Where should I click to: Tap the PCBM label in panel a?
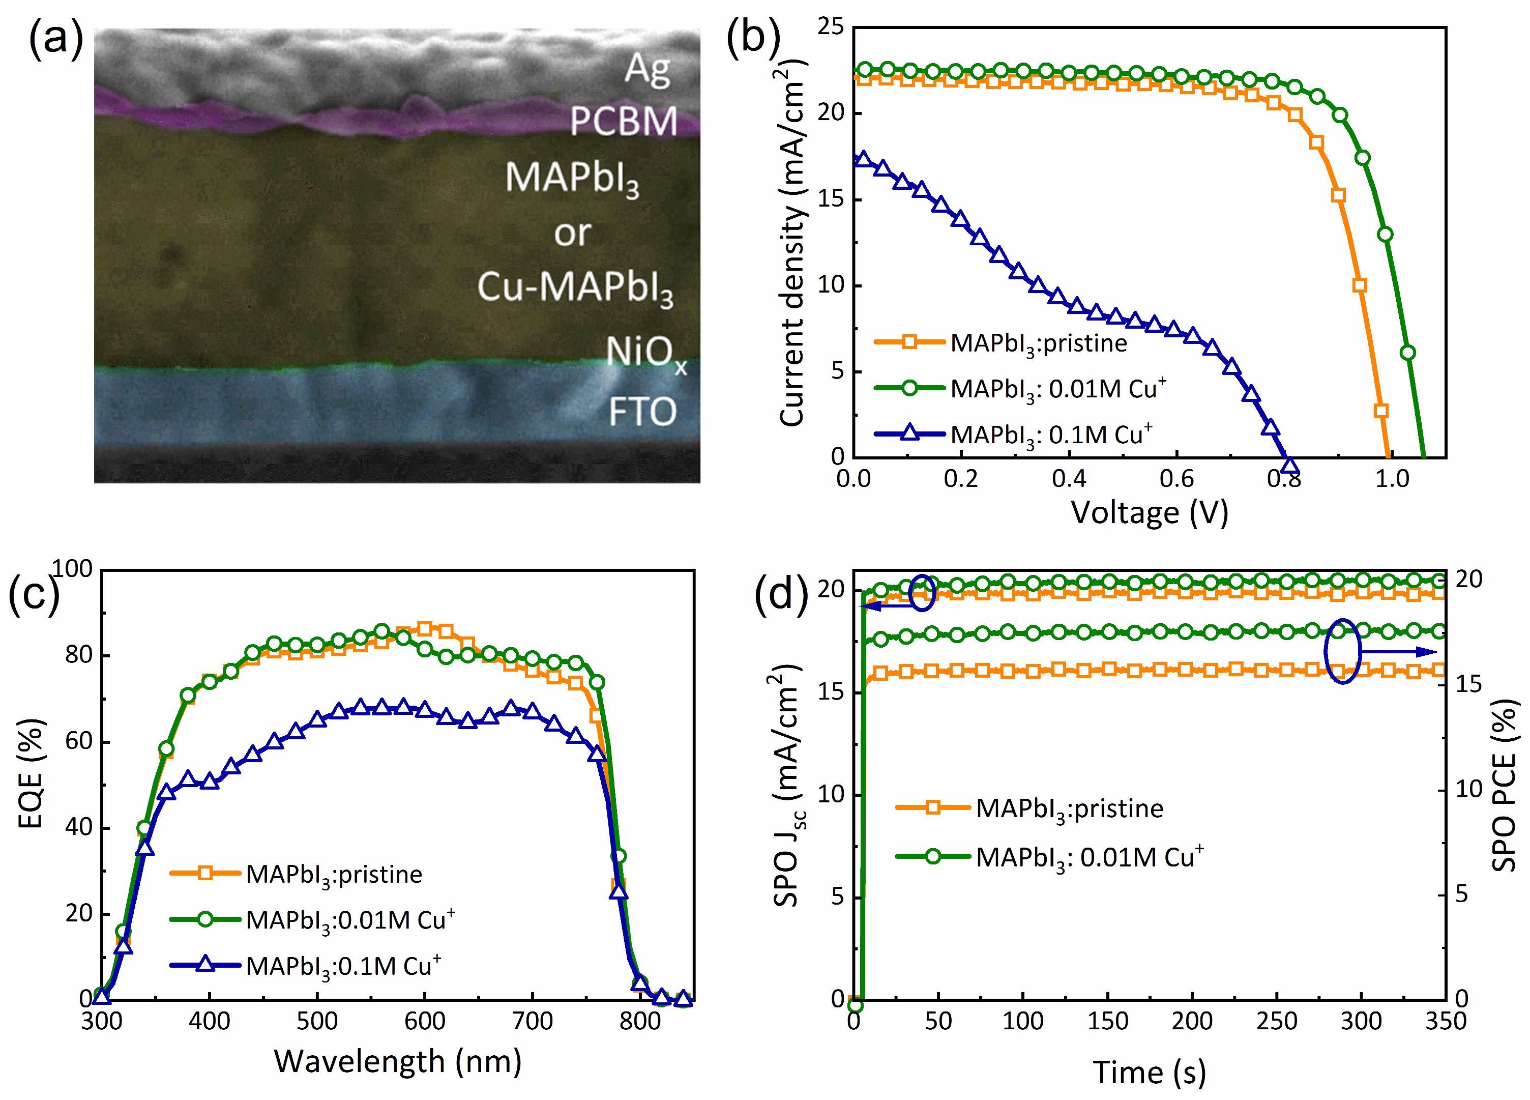[623, 122]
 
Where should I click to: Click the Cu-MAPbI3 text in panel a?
[575, 288]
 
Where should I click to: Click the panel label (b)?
[752, 39]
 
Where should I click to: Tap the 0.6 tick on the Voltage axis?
[1176, 479]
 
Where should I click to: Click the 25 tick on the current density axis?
[831, 27]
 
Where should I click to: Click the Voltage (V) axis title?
[1149, 513]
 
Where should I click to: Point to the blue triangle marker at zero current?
[1289, 465]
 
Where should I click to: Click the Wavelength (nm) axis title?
[397, 1061]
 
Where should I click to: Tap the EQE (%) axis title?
[31, 773]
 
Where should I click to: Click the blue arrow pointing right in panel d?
[1400, 652]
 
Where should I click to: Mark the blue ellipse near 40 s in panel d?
[922, 593]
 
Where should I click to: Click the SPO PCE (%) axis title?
[1503, 786]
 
